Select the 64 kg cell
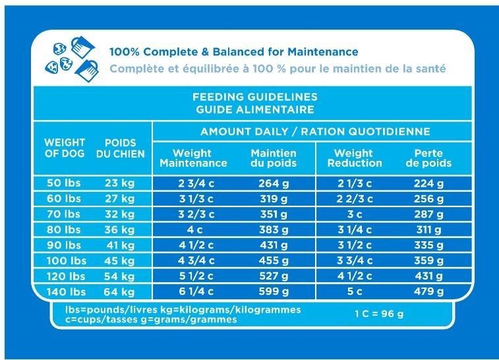[x=120, y=292]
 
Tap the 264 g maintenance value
[x=274, y=183]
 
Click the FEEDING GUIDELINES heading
[x=249, y=98]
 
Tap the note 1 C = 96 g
[x=378, y=314]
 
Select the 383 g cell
[x=274, y=229]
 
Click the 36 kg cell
[x=120, y=229]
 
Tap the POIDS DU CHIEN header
[x=120, y=148]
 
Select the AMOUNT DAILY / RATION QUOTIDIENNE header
[x=315, y=132]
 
